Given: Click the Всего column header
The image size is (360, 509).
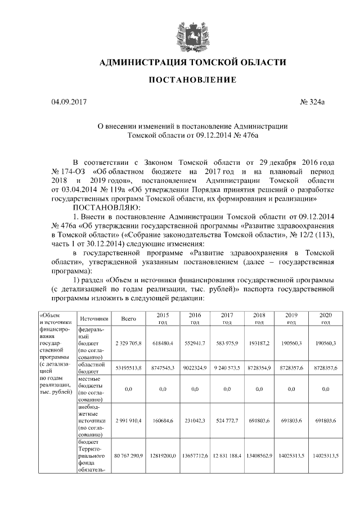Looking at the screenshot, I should pyautogui.click(x=129, y=319).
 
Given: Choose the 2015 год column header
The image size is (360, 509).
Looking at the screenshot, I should pyautogui.click(x=162, y=319).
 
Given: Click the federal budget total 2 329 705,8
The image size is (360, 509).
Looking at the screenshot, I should pyautogui.click(x=129, y=343).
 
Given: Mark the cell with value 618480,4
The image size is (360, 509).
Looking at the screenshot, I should pyautogui.click(x=162, y=343).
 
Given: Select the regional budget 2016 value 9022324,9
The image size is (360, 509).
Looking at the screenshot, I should pyautogui.click(x=195, y=367).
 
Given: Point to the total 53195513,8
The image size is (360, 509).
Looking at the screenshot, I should pyautogui.click(x=129, y=367).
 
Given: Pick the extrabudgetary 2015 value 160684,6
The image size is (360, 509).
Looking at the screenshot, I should pyautogui.click(x=162, y=420).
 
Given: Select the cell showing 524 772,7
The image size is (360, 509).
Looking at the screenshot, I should pyautogui.click(x=227, y=420).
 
